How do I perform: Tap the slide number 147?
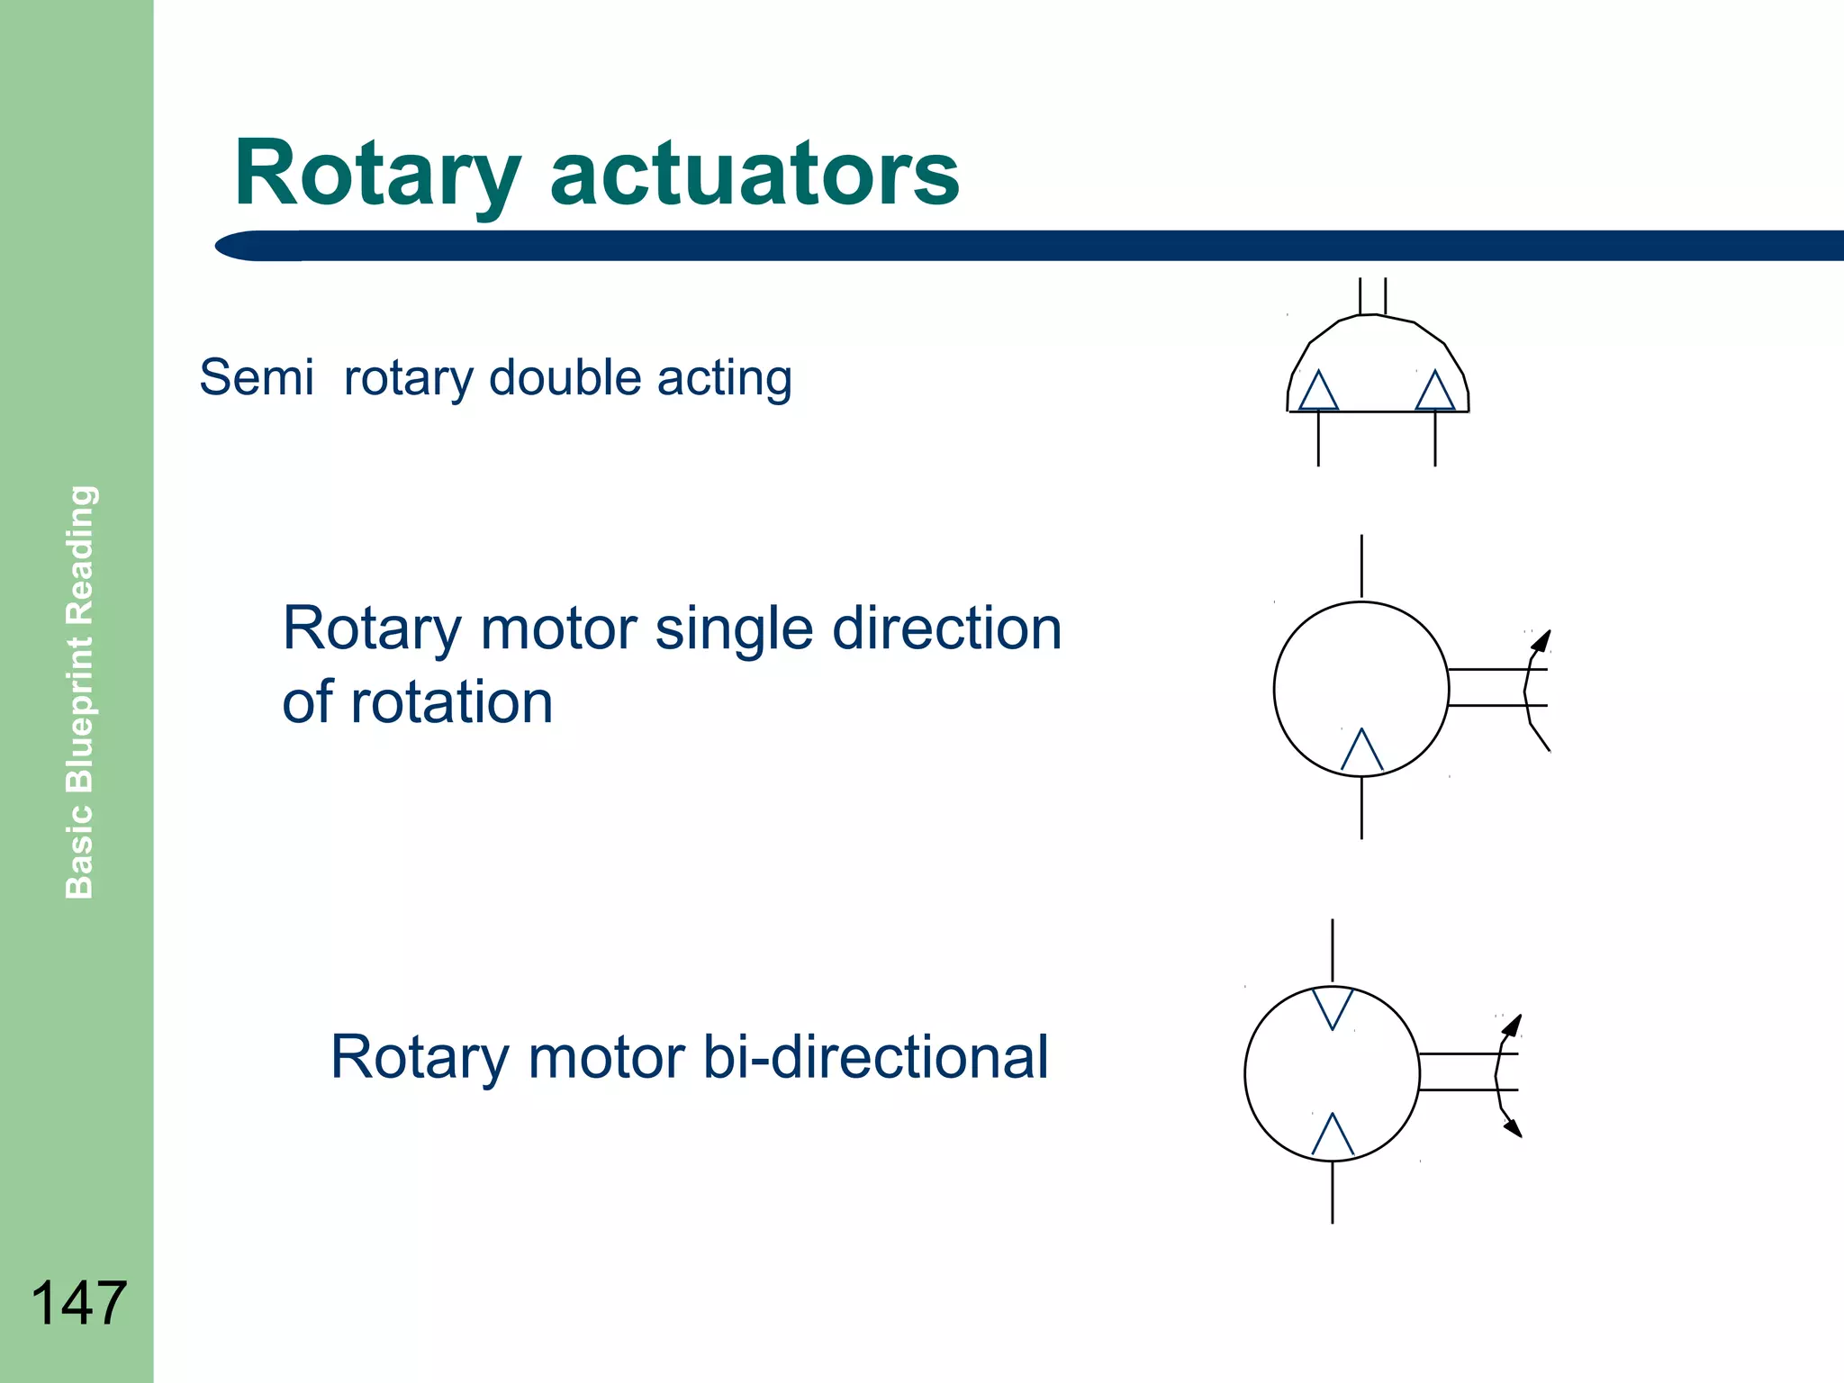coord(78,1303)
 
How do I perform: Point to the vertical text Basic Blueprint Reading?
coord(80,691)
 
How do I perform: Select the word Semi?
coord(257,377)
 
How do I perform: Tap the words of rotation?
coord(418,701)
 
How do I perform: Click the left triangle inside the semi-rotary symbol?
coord(1318,393)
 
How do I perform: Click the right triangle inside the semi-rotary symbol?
coord(1435,393)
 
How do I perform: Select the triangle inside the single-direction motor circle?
coord(1361,753)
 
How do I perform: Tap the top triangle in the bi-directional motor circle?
coord(1333,1006)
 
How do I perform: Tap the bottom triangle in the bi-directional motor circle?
coord(1333,1137)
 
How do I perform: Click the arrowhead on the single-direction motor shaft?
coord(1542,640)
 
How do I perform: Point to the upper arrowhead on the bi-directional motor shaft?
coord(1514,1025)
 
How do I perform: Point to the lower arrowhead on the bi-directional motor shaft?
coord(1514,1127)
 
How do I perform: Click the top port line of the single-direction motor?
coord(1361,566)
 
